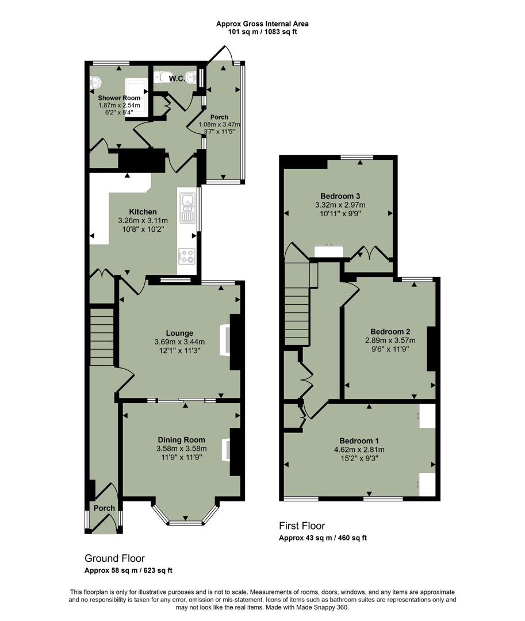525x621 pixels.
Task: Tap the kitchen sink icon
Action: click(x=188, y=209)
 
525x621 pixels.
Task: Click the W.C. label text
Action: click(x=177, y=79)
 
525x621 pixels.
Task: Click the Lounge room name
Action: click(x=179, y=333)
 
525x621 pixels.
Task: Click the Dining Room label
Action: click(x=181, y=440)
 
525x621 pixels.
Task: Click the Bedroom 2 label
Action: click(x=390, y=332)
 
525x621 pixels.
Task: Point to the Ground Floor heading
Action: click(x=114, y=558)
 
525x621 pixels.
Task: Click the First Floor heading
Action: click(x=302, y=526)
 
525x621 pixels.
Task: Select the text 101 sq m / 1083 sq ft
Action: click(x=262, y=32)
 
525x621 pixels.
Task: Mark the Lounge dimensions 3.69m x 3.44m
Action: click(x=179, y=342)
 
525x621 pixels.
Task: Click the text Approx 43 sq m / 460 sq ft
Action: click(x=323, y=538)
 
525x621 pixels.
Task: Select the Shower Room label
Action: click(x=118, y=98)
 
